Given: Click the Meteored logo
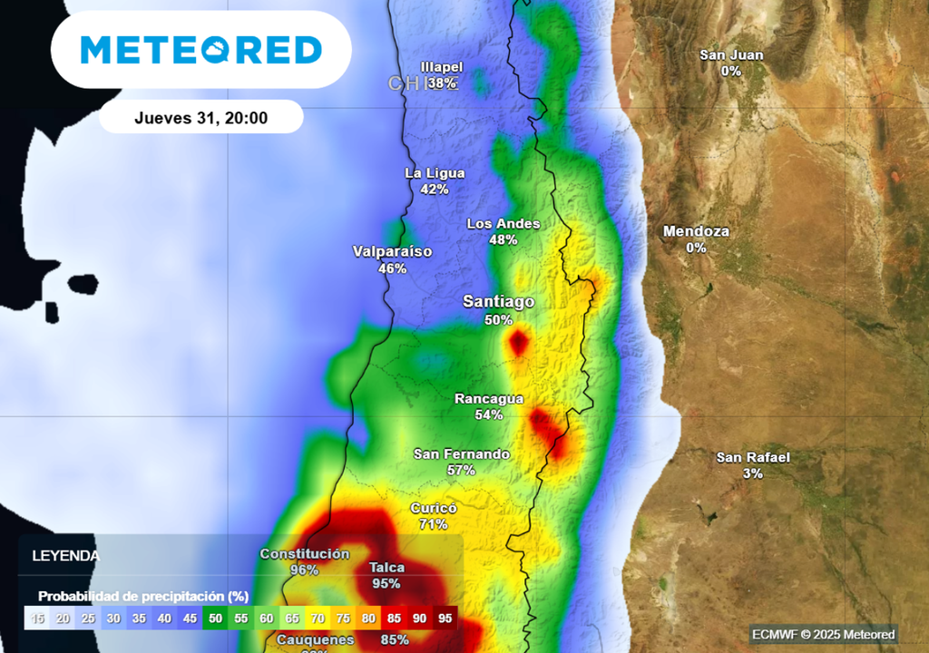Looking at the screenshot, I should coord(200,50).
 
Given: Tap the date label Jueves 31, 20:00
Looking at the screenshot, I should coord(200,118).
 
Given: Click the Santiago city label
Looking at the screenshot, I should coord(498,301).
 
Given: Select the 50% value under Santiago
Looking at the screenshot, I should coord(498,320).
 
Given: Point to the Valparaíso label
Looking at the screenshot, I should coord(392,251).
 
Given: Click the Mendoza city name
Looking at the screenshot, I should coord(696,231).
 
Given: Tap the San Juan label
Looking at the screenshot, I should coord(731,54).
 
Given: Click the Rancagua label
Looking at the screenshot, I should coord(489,398).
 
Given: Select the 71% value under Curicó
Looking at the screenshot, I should coord(433,524).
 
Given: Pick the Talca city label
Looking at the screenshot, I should coord(386,568).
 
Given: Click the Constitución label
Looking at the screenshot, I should coord(304,553).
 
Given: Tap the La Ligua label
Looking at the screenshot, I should coord(435,173).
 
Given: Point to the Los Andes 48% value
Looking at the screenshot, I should coord(503,240).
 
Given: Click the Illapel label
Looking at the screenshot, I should coord(442,67).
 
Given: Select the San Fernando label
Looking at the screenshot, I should coord(461,453).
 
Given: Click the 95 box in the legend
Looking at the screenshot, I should coord(444,619).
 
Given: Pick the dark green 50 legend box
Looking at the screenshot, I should coord(215,619).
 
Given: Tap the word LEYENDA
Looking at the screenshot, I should coord(65,555).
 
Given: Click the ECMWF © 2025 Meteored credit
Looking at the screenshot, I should coord(823,634).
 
